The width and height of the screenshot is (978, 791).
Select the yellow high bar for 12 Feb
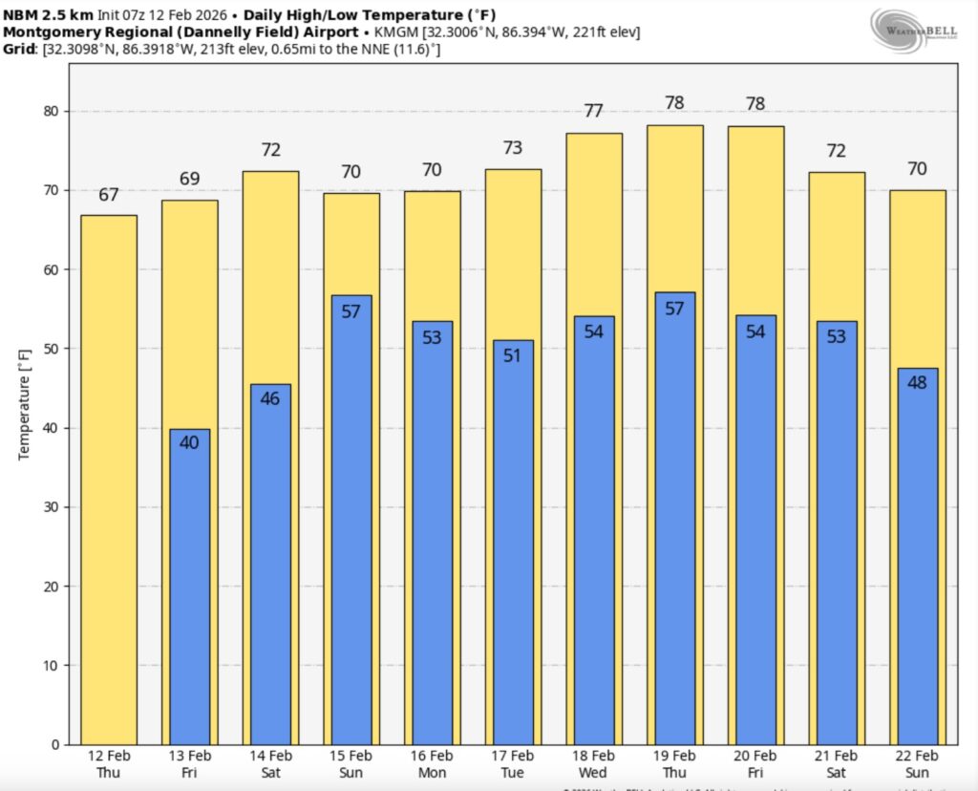tap(109, 478)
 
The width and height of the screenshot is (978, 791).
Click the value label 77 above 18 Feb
tap(594, 111)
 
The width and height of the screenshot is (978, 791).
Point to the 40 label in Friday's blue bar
tap(189, 442)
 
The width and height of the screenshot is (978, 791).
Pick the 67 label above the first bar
tap(109, 195)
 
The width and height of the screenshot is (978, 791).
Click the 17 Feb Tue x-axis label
tap(513, 764)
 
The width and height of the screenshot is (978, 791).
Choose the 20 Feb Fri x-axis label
tap(755, 764)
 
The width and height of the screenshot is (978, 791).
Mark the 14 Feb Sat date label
tap(270, 764)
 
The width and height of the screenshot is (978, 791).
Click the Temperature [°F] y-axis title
tap(25, 403)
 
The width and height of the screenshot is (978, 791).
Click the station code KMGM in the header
tap(390, 32)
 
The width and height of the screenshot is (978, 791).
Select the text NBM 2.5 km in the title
tap(47, 15)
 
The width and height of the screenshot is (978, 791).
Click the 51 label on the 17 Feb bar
tap(513, 356)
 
